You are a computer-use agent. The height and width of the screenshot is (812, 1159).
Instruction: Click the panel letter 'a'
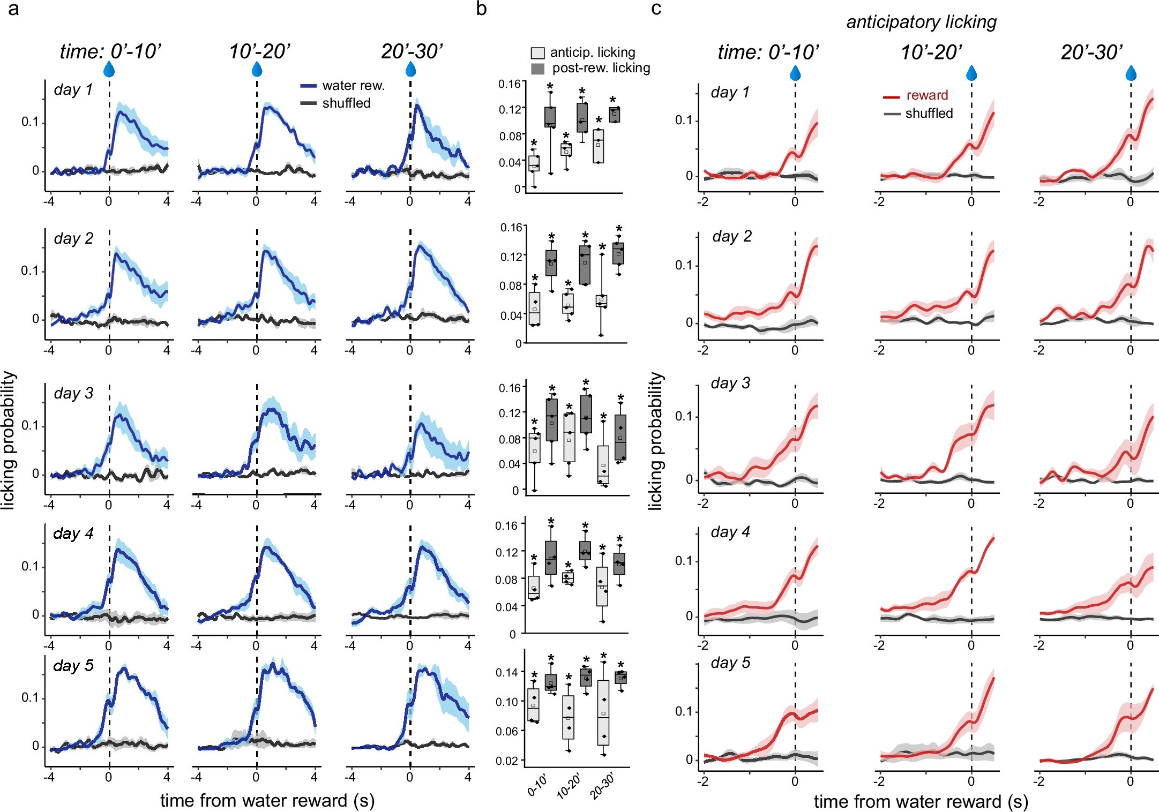click(13, 9)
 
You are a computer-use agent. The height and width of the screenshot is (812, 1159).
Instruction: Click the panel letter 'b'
click(481, 9)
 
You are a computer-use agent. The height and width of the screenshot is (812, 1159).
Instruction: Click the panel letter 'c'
click(656, 9)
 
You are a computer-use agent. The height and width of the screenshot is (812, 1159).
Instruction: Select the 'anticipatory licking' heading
click(921, 22)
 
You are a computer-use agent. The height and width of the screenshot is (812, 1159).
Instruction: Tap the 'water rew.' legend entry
click(353, 86)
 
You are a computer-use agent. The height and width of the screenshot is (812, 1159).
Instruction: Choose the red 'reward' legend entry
click(926, 95)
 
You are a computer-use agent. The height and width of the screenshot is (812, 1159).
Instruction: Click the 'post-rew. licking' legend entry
click(601, 68)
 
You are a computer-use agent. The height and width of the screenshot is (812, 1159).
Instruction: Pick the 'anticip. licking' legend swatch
click(537, 52)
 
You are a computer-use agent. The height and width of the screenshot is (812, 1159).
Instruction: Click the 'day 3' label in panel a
click(73, 393)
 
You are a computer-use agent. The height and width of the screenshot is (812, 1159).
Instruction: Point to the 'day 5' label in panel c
click(730, 663)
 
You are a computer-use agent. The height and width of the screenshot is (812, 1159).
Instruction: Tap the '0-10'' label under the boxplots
click(537, 785)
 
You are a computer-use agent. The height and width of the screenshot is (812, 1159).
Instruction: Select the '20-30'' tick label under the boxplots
click(602, 786)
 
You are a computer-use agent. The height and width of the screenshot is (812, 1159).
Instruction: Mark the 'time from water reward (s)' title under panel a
click(267, 800)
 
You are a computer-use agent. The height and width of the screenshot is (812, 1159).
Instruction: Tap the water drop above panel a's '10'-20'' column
click(257, 69)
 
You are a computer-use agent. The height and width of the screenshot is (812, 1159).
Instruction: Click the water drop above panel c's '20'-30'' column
click(1131, 73)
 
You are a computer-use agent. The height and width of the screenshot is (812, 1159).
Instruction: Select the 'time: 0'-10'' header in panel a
click(110, 51)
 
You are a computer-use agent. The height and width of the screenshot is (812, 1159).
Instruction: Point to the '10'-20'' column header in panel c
click(931, 52)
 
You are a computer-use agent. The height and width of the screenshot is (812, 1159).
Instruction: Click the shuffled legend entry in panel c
click(929, 114)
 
